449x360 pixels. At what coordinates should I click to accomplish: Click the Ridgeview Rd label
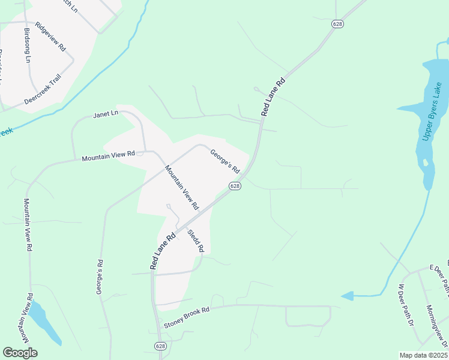click(x=50, y=37)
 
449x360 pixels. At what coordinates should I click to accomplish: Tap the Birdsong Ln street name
click(x=28, y=46)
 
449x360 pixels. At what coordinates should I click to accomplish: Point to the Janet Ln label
click(x=106, y=114)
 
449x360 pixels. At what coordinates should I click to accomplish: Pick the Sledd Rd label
click(x=196, y=241)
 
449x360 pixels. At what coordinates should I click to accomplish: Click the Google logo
click(x=20, y=353)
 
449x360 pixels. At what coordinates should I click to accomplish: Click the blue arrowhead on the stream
click(x=346, y=296)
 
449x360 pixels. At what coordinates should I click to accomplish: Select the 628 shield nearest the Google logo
click(x=160, y=346)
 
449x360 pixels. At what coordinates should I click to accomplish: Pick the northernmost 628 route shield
click(x=337, y=23)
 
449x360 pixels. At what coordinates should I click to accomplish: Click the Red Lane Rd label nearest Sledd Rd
click(x=162, y=250)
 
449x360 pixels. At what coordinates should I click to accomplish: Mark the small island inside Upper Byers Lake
click(x=425, y=162)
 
